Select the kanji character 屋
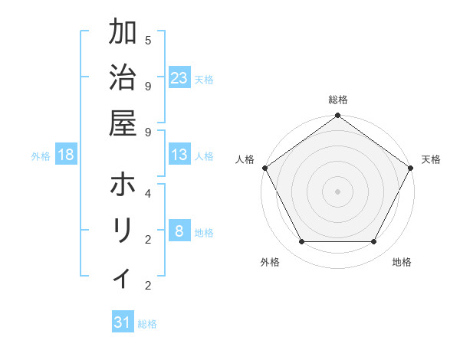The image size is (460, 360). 123,122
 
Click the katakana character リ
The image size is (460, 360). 123,230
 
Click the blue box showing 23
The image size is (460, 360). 179,77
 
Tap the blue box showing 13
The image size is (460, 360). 179,155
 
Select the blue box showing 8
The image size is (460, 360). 179,231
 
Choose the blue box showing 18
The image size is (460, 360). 66,155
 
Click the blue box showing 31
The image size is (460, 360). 123,322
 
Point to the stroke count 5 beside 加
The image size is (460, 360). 147,40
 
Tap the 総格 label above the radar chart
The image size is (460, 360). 338,100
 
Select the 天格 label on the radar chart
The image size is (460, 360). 431,159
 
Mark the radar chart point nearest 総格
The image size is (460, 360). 338,116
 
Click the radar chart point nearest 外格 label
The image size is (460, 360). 301,242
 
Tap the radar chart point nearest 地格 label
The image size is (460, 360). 374,242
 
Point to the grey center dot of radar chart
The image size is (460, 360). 338,191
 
